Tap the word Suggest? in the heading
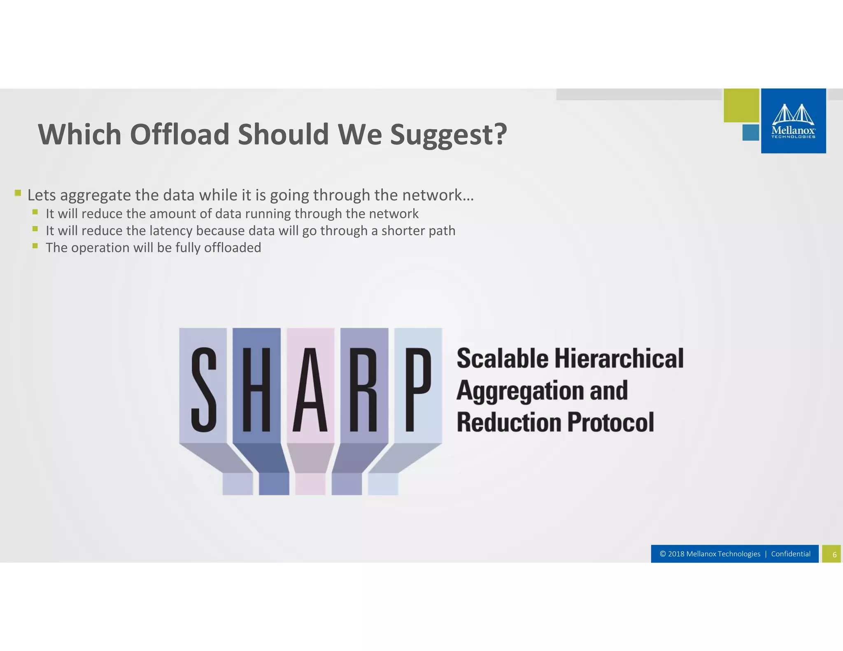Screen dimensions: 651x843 coord(448,135)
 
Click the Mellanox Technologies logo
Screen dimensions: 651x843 coord(793,121)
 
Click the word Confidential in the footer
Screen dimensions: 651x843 coord(791,554)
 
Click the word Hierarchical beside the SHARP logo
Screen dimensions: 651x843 coord(619,358)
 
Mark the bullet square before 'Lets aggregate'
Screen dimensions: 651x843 coord(18,193)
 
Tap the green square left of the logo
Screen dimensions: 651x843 coord(741,105)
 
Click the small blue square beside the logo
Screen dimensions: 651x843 coord(750,133)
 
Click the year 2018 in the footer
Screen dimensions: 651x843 coord(676,554)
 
